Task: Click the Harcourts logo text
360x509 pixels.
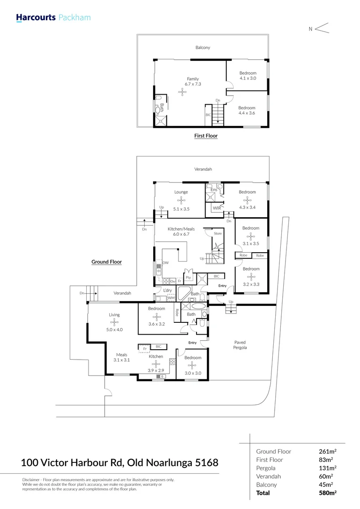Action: [x=36, y=18]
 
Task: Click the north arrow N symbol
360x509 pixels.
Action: [x=311, y=29]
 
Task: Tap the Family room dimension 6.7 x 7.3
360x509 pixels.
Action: [x=193, y=84]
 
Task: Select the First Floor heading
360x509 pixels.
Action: [x=206, y=136]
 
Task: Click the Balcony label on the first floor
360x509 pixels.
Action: [x=203, y=48]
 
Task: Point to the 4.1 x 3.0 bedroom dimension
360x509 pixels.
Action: [x=247, y=78]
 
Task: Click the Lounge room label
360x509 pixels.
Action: [x=181, y=192]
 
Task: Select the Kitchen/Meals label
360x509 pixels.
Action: [x=181, y=229]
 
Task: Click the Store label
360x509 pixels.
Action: [x=217, y=233]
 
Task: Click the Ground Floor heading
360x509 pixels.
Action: [x=106, y=262]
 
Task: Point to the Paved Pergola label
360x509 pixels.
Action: [x=240, y=345]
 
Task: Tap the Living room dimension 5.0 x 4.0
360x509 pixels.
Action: [x=114, y=329]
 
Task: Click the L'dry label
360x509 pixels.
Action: [x=167, y=290]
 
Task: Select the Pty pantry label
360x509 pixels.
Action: [x=188, y=278]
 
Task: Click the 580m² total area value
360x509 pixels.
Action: [x=328, y=493]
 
